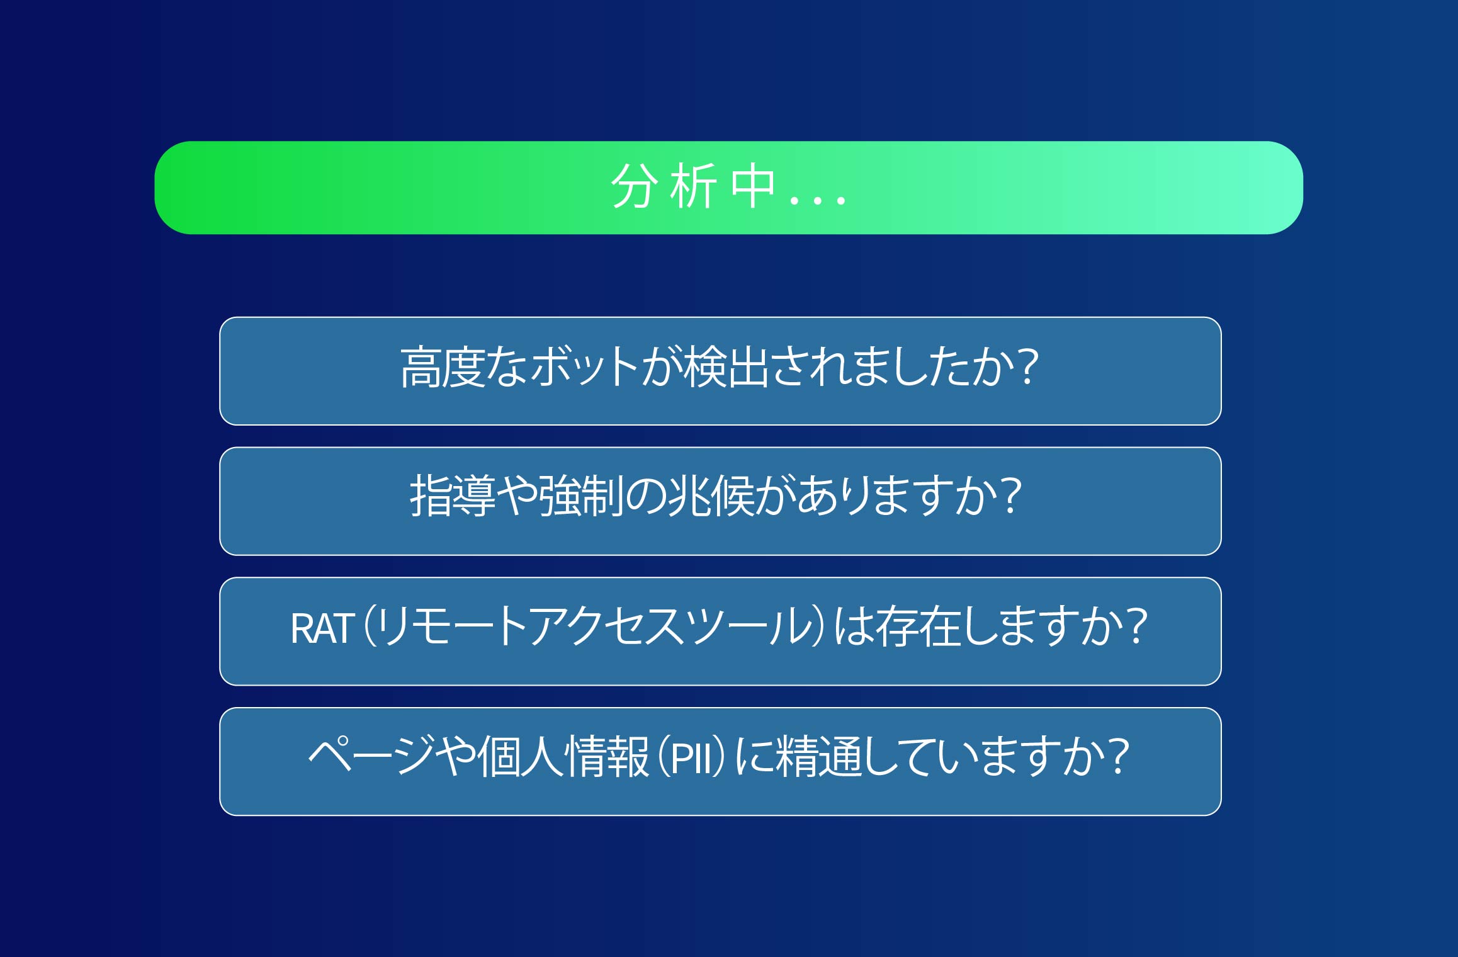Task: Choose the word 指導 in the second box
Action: [x=453, y=497]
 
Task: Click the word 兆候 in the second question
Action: [x=711, y=497]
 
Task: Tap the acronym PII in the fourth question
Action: [x=695, y=758]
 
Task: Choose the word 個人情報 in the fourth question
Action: [x=563, y=757]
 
